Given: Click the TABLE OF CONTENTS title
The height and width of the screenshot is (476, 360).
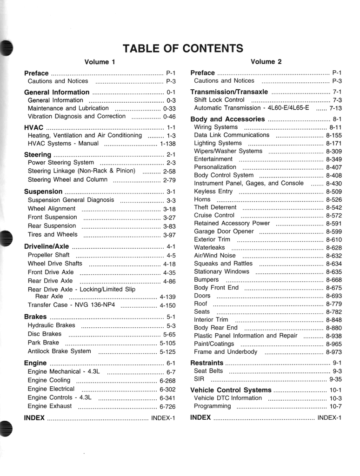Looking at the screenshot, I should pos(182,48).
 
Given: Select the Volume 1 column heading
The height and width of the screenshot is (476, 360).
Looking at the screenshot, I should pos(100,62).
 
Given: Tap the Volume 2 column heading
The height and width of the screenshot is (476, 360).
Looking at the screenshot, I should pos(266,61).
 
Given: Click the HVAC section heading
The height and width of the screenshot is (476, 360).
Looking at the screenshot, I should pos(33,127).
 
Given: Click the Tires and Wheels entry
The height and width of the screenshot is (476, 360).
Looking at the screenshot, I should pos(53,234).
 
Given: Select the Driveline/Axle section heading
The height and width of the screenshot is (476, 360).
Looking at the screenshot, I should pos(47,246).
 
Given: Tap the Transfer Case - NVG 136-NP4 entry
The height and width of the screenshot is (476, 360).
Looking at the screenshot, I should pos(72,305).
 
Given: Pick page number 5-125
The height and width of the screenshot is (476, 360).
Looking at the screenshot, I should pos(167,352).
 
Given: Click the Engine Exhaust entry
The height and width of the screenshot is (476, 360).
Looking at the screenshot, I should pos(50,406).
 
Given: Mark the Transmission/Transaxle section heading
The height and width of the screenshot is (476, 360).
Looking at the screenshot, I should pos(229,92).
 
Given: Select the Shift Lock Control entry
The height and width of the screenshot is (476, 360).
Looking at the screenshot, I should pos(219,100).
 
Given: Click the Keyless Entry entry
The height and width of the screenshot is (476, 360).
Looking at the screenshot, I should pos(213,191).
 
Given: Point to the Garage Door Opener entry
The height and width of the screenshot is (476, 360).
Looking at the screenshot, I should pos(224,231).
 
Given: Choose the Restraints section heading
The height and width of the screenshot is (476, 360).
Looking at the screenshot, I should pos(207,363).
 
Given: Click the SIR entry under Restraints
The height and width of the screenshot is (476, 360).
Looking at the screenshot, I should pos(199,379).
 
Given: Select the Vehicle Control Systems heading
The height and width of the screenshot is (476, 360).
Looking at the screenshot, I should pos(231,390).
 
